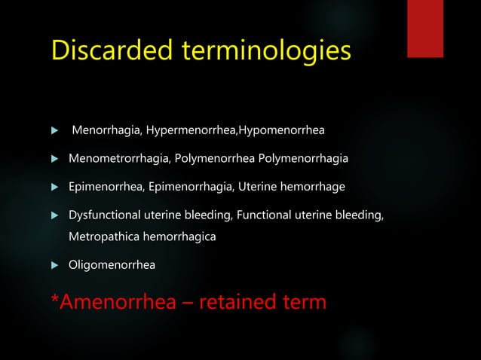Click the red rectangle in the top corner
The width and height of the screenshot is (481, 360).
tap(435, 28)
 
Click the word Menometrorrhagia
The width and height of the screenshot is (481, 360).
tap(115, 159)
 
